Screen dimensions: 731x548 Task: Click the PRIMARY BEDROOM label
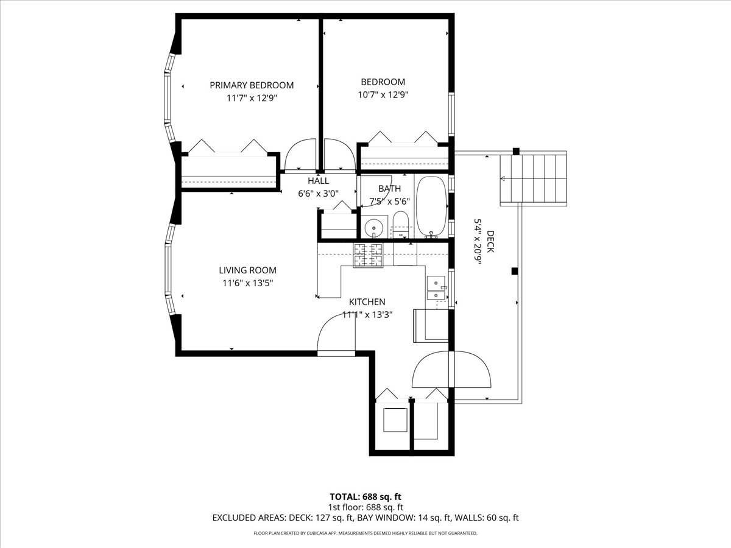[252, 85]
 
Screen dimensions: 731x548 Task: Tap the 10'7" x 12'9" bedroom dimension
[383, 95]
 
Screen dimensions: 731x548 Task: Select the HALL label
[318, 181]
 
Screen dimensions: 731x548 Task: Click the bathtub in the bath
[432, 207]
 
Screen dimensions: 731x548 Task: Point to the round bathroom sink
[374, 228]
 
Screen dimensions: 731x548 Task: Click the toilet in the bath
[400, 225]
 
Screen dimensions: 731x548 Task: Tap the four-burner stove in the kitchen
[368, 255]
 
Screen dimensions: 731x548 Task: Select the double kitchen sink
[436, 288]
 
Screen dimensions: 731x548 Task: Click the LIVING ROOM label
[247, 270]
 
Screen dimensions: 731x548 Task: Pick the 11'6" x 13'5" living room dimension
[247, 283]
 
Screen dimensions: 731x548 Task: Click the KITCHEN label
[367, 302]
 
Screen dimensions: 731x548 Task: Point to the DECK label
[490, 242]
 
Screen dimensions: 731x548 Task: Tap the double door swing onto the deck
[451, 369]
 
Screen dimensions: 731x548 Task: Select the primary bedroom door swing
[300, 155]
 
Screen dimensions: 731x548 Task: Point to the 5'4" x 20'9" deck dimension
[478, 242]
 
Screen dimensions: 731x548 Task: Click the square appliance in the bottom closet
[395, 420]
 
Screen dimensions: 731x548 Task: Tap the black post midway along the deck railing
[515, 271]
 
